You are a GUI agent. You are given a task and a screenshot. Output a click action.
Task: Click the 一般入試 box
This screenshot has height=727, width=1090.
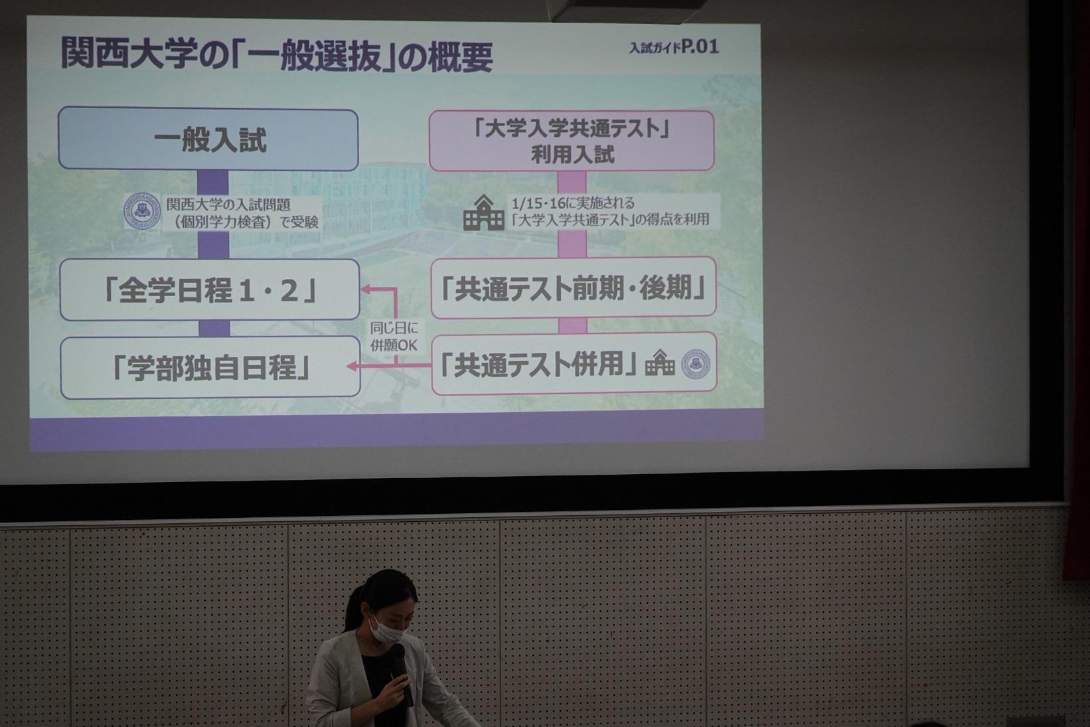pyautogui.click(x=208, y=139)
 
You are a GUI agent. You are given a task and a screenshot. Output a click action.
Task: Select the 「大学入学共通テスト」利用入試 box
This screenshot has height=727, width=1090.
pyautogui.click(x=572, y=141)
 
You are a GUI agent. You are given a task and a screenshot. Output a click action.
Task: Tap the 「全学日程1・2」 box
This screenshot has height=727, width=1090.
pyautogui.click(x=210, y=290)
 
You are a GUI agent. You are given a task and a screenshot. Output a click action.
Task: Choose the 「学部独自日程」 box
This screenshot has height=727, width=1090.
pyautogui.click(x=210, y=368)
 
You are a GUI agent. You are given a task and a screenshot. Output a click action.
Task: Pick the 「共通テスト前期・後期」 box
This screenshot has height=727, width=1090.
pyautogui.click(x=574, y=288)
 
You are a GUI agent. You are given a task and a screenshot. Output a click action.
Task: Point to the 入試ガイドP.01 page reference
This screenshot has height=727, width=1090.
pyautogui.click(x=674, y=47)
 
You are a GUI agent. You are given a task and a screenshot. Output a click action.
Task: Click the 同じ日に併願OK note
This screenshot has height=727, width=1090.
pyautogui.click(x=394, y=336)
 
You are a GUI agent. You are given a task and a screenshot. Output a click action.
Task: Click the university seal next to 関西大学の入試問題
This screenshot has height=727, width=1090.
pyautogui.click(x=142, y=210)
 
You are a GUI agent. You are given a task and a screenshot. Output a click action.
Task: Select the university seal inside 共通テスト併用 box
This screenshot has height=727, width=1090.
pyautogui.click(x=696, y=364)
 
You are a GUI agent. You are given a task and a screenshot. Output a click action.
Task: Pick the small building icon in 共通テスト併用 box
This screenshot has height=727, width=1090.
pyautogui.click(x=660, y=363)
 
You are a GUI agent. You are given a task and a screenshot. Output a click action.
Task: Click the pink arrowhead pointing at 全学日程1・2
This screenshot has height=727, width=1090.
pyautogui.click(x=365, y=289)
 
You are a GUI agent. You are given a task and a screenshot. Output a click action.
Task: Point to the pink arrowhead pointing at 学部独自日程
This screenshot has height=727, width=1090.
pyautogui.click(x=351, y=366)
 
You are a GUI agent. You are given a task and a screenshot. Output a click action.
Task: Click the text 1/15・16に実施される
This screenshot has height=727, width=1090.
pyautogui.click(x=573, y=203)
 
